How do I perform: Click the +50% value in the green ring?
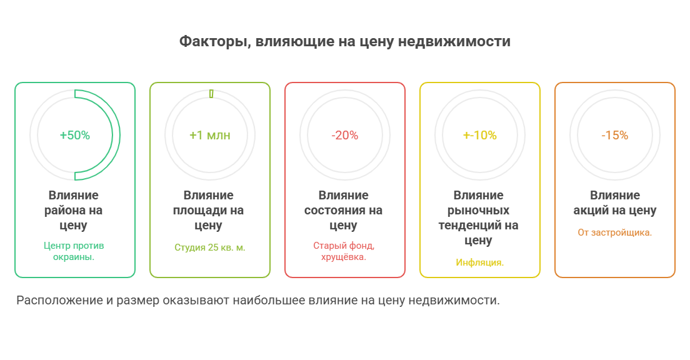point(75,135)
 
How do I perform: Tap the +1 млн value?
point(210,135)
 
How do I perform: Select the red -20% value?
point(344,135)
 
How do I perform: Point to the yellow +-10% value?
point(479,135)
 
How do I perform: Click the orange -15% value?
point(614,135)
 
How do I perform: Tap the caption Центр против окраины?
point(74,251)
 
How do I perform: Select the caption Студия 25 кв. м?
point(210,247)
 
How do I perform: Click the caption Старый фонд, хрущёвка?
point(344,251)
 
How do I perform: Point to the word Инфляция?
point(480,262)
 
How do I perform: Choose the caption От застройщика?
point(614,232)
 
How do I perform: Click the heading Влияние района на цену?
point(74,211)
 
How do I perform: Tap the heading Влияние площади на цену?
point(209,211)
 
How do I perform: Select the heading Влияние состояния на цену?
point(344,211)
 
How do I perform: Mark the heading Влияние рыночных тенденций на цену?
point(479,218)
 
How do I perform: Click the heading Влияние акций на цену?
point(615,203)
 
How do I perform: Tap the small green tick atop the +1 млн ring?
point(211,94)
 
